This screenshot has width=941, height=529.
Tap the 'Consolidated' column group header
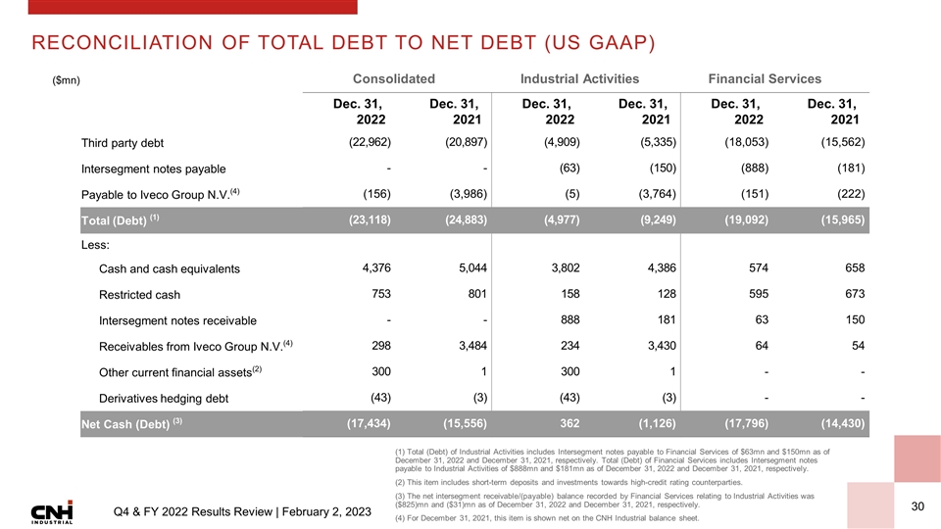[393, 78]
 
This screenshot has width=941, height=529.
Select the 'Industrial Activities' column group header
[580, 78]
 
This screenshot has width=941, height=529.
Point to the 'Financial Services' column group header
[770, 78]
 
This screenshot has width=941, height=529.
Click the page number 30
[918, 506]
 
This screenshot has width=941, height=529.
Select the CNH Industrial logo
[51, 512]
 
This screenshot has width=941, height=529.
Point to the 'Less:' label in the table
[96, 246]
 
